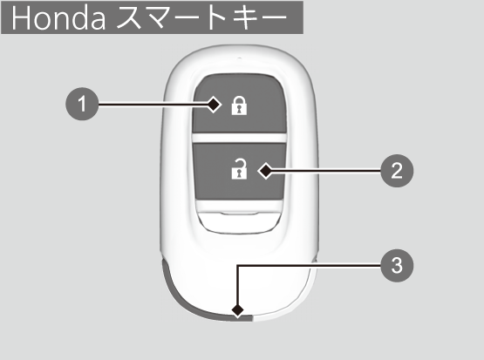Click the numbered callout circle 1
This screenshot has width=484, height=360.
coord(82,104)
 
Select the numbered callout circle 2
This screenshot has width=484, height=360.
coord(397,171)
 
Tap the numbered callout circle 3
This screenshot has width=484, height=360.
coord(397,265)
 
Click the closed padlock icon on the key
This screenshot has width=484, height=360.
coord(239,105)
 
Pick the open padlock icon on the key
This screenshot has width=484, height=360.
coord(239,169)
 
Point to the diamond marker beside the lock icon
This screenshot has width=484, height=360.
coord(214,105)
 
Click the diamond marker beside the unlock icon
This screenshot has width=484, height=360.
coord(265,171)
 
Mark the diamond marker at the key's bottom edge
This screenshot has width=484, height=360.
coord(238,310)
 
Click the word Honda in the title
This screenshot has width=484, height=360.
coord(58,18)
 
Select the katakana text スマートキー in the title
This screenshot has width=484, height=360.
coord(202,18)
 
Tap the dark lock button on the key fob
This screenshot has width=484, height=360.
coord(239,105)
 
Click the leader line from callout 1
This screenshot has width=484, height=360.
coord(153,105)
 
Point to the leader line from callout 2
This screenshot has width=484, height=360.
coord(326,171)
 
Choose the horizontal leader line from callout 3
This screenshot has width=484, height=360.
coord(309,265)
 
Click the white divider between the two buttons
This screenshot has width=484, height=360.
coord(239,139)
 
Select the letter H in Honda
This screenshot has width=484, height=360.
coord(21,18)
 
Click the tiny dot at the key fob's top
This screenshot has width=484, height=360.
coord(239,58)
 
